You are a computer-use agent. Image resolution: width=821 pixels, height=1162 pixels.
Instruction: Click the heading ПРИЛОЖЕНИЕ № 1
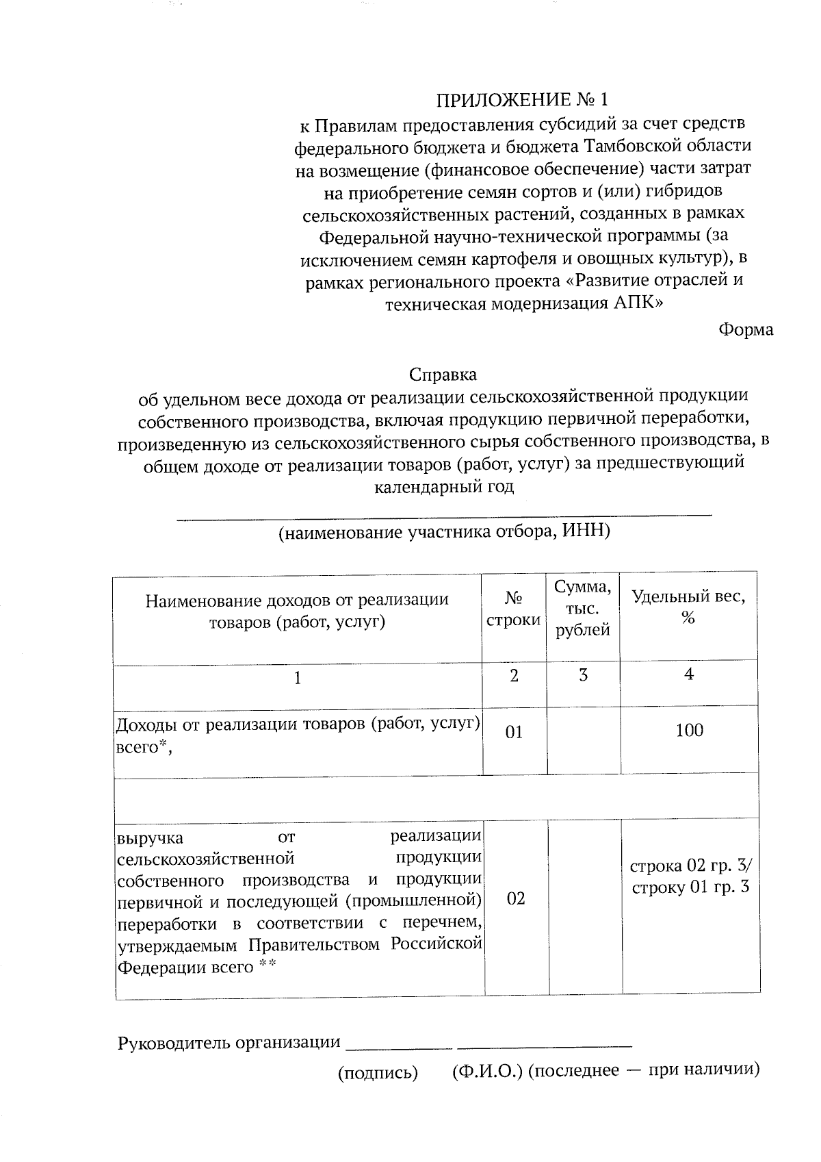[522, 101]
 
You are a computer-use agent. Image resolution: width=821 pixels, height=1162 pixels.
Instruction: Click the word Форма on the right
[745, 330]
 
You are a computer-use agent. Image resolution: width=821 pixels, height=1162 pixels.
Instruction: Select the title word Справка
[443, 375]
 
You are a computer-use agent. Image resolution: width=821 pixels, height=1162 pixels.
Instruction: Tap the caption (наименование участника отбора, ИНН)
[443, 532]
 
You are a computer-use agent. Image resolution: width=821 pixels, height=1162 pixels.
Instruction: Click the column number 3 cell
[583, 676]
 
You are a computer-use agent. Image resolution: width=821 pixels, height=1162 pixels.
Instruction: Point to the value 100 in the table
[689, 731]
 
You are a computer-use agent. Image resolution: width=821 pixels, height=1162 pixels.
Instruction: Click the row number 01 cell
[514, 733]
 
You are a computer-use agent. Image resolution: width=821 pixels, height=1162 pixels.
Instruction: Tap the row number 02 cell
[516, 899]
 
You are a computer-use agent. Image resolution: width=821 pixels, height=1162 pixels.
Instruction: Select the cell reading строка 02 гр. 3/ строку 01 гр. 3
[690, 877]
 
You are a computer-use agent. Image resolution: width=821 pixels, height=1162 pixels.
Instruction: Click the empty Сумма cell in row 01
[583, 740]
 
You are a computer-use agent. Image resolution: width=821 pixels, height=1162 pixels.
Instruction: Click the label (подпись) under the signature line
[378, 1072]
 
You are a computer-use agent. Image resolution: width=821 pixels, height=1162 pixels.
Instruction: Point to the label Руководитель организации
[229, 1043]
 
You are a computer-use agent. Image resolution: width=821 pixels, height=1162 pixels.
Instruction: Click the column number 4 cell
[689, 674]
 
